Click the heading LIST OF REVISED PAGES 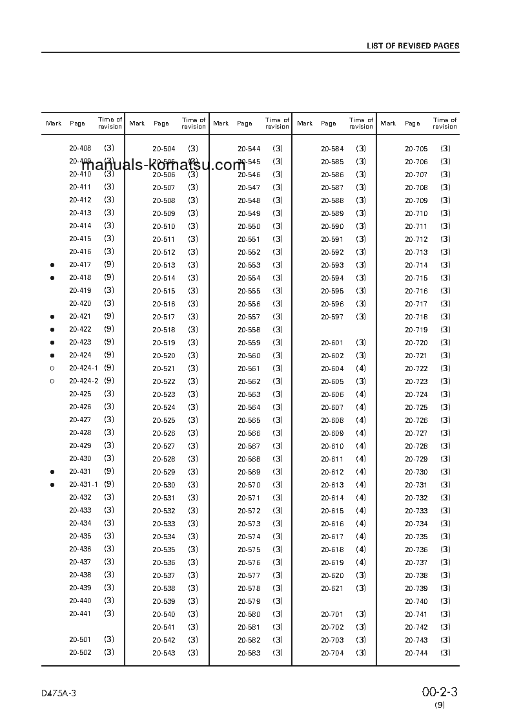tap(413, 46)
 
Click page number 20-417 tap(80, 264)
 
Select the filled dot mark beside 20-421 tap(52, 317)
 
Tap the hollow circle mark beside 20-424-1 tap(52, 368)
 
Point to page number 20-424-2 tap(83, 381)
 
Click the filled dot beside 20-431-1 tap(52, 485)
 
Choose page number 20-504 tap(163, 149)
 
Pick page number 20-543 tap(163, 653)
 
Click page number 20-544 tap(249, 149)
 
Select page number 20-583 tap(249, 653)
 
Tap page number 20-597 tap(332, 317)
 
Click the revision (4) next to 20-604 tap(361, 368)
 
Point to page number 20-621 tap(332, 588)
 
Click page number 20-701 tap(332, 614)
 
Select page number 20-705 tap(416, 149)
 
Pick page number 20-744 tap(416, 653)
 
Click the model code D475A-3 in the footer tap(58, 693)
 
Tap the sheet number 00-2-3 tap(440, 692)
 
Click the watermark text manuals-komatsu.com tap(163, 165)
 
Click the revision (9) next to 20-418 tap(109, 277)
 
